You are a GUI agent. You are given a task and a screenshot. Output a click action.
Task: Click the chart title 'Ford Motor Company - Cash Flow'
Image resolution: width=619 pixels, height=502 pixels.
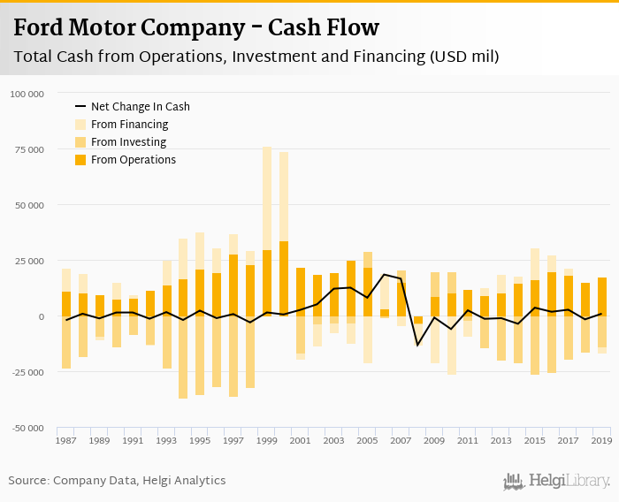click(x=196, y=27)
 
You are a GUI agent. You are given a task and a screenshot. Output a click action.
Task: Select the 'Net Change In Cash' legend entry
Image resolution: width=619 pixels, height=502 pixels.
click(x=140, y=107)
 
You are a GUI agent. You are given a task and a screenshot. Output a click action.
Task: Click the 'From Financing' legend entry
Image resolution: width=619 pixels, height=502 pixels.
click(x=129, y=125)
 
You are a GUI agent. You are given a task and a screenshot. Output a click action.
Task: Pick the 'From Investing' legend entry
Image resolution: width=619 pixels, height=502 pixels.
click(x=128, y=142)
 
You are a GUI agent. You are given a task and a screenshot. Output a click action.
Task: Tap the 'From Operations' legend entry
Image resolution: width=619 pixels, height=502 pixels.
click(x=133, y=160)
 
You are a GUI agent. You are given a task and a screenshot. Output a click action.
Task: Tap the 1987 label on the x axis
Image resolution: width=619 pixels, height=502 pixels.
click(x=66, y=439)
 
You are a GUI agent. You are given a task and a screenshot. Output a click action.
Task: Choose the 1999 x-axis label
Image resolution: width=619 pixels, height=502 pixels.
click(x=268, y=439)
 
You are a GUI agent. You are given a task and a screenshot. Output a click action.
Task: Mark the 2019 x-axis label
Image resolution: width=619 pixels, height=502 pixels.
click(x=602, y=439)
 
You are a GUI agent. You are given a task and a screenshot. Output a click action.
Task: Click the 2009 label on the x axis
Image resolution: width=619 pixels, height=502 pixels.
click(x=435, y=439)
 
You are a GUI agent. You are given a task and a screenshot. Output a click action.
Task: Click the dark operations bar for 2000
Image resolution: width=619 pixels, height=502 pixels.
click(x=284, y=278)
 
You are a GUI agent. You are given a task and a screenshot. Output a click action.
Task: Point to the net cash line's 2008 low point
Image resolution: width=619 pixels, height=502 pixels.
click(x=418, y=345)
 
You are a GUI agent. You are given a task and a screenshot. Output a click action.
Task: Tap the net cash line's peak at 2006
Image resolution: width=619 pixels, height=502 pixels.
click(x=385, y=275)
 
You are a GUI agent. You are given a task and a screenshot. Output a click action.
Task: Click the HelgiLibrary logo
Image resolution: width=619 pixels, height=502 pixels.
click(x=557, y=481)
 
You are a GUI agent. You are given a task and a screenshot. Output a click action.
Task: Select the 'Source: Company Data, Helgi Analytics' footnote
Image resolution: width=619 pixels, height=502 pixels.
click(x=117, y=481)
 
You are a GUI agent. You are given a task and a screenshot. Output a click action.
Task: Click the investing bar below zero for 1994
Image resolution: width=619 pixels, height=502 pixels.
click(x=183, y=357)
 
